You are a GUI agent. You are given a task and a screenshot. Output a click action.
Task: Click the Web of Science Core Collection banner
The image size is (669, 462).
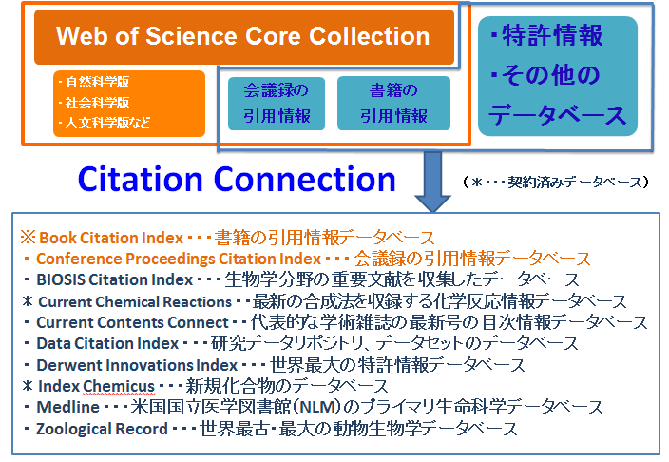coord(244,37)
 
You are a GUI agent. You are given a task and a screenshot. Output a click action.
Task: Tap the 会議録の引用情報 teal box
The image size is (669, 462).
coord(277,104)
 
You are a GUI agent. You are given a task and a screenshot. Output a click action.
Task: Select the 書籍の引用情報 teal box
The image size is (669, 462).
coord(393,104)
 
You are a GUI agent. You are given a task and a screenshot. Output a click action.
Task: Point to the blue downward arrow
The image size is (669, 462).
coord(432,182)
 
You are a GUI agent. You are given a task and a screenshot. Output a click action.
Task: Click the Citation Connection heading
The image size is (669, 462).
coord(237,180)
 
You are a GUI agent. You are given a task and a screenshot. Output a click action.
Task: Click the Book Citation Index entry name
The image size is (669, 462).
coord(111,238)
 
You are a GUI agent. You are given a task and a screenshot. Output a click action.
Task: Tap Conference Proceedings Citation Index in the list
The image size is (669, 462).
coord(179,259)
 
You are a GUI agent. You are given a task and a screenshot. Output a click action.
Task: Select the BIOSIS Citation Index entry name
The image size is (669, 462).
coord(114,279)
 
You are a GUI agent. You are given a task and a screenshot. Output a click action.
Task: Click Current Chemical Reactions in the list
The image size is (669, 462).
coord(135,302)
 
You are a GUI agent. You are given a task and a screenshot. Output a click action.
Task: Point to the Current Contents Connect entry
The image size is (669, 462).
coord(133,322)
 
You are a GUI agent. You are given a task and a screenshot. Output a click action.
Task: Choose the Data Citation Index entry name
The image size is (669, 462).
coord(107,343)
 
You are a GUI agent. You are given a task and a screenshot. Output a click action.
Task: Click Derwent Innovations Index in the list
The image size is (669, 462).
coord(137,365)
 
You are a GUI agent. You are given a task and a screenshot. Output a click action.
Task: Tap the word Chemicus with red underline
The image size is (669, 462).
coord(119,386)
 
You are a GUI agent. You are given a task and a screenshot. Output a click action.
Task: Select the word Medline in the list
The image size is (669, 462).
coord(67,407)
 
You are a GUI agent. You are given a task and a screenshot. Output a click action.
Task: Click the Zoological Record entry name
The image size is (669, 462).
coord(102,429)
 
